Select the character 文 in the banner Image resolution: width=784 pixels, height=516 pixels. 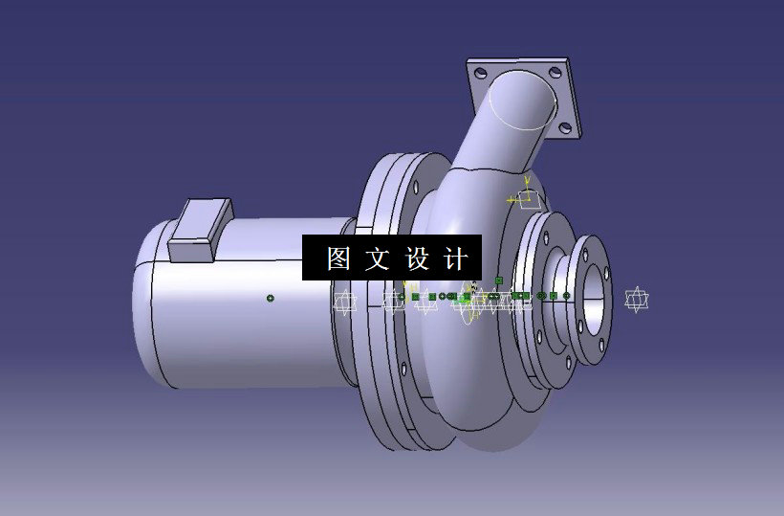(377, 258)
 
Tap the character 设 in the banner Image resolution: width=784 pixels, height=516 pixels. (418, 258)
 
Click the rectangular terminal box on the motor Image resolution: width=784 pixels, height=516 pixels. (199, 230)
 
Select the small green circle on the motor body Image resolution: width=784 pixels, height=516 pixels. (271, 299)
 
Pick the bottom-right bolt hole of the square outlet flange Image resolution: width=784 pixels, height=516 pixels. (565, 125)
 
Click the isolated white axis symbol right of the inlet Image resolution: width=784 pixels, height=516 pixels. (636, 299)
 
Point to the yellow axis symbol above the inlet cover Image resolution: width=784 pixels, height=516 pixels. (527, 198)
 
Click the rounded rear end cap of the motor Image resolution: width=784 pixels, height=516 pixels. (143, 306)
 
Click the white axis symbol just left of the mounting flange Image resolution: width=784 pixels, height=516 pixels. (344, 302)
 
